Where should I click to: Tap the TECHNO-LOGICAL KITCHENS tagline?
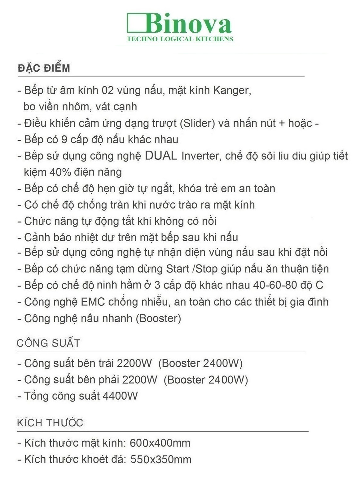coord(180,39)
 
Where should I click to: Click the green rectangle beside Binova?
coord(136,22)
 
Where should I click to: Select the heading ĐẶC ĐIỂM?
coord(44,68)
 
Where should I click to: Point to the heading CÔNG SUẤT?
coord(48,343)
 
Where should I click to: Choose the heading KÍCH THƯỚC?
coord(50,423)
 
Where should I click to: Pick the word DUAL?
coord(161,156)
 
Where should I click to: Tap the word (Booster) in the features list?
coord(158,318)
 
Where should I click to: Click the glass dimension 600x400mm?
coord(160,443)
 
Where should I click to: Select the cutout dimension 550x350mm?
coord(161,459)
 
